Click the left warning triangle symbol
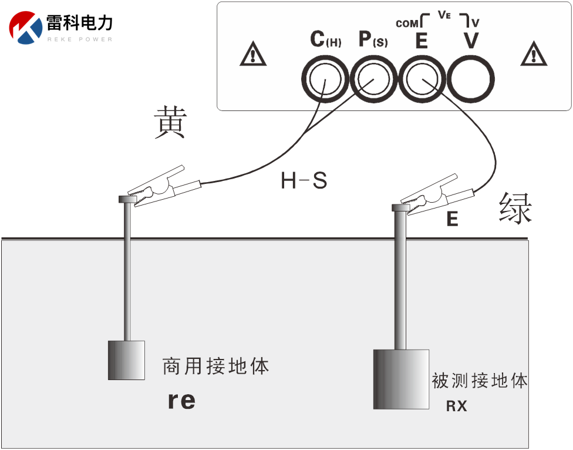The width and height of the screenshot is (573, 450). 253,55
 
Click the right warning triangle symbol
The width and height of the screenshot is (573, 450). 534,55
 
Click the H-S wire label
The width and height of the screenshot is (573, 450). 304,181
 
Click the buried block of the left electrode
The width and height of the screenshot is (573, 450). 126,360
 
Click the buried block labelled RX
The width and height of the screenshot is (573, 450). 402,379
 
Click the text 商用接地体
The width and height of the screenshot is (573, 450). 215,367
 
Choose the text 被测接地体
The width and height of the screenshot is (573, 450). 480,381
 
